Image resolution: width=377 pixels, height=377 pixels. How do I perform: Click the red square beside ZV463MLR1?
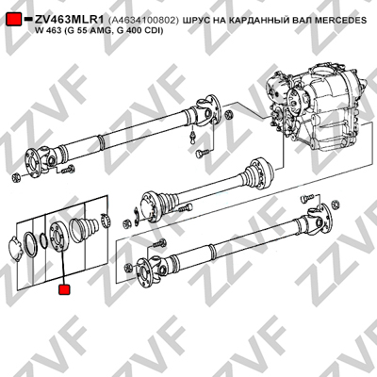(x=14, y=20)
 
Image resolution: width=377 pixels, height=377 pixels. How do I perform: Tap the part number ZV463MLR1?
(x=69, y=20)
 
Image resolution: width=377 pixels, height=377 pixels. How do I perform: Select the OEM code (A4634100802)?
(x=143, y=20)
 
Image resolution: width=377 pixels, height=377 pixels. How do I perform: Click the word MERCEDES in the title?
(x=341, y=20)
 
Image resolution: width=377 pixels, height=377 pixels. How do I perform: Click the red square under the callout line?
(x=64, y=289)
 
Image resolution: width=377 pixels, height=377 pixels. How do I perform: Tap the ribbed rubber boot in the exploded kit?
(x=84, y=230)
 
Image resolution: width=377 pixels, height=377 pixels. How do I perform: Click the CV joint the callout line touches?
(x=58, y=236)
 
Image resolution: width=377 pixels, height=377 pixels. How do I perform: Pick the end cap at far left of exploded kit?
(x=16, y=248)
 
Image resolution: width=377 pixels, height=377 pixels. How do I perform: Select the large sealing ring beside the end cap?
(x=31, y=243)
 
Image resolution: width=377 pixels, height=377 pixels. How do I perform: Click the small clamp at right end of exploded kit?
(x=105, y=220)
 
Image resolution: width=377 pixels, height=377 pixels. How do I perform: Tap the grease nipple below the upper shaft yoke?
(x=193, y=137)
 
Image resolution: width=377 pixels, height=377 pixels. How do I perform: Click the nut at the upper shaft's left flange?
(x=16, y=178)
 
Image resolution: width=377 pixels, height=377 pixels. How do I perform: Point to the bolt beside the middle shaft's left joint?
(x=185, y=208)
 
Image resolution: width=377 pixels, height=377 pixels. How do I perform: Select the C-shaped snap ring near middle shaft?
(x=137, y=216)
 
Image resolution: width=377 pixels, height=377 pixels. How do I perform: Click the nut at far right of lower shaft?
(x=336, y=205)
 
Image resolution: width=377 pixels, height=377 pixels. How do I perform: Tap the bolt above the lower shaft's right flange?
(x=307, y=198)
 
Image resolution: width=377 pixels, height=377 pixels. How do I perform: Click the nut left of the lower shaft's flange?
(x=128, y=268)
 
